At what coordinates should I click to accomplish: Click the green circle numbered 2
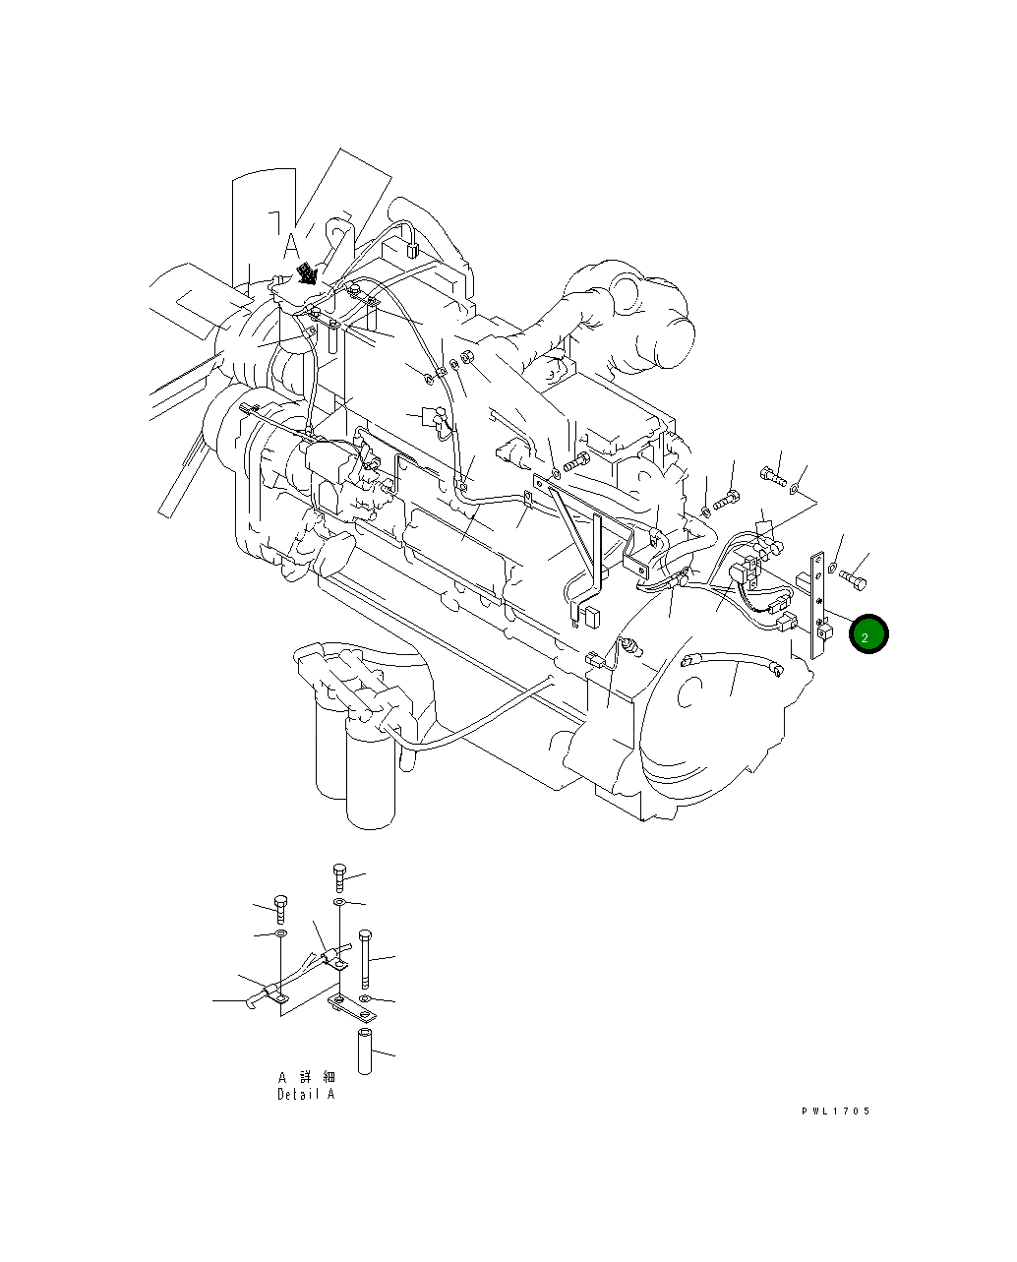click(868, 634)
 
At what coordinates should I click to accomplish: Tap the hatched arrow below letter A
click(309, 272)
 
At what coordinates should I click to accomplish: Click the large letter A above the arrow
click(291, 244)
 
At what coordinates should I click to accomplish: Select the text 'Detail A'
click(306, 1094)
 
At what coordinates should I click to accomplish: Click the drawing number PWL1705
click(835, 1111)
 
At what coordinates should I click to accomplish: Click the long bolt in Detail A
click(365, 958)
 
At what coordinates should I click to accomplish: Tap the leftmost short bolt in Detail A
click(280, 908)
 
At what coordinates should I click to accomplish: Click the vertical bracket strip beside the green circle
click(816, 605)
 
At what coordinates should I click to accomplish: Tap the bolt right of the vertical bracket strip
click(852, 580)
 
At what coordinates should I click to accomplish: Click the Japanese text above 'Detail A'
click(306, 1077)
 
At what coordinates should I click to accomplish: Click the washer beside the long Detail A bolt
click(365, 998)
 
